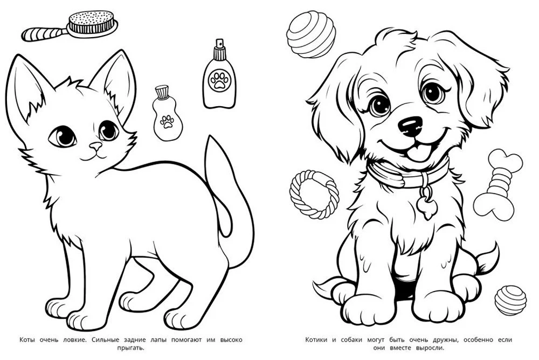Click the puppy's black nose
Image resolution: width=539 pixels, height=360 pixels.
[410, 126]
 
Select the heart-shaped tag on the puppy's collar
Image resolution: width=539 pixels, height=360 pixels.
[427, 206]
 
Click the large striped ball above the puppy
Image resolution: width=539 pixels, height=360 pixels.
[311, 34]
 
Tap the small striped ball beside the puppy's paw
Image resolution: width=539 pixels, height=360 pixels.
[510, 300]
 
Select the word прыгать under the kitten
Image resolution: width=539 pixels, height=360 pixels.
[130, 348]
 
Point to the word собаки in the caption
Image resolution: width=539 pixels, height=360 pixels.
[351, 340]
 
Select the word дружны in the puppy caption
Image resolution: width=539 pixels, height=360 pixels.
[446, 340]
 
